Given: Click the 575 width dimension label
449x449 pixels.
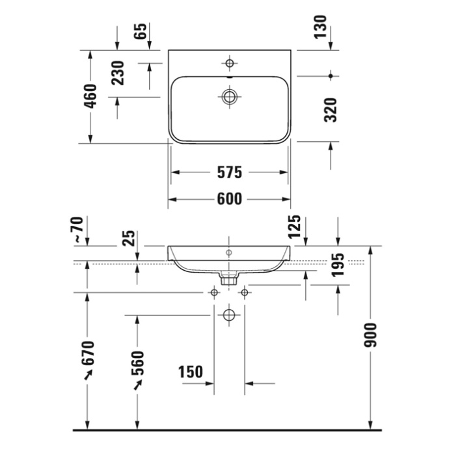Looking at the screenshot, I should [x=230, y=172].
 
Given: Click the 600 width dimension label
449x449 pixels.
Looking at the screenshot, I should [x=230, y=200].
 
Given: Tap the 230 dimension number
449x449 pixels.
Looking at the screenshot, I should [x=118, y=73].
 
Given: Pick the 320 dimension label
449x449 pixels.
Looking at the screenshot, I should [x=331, y=111].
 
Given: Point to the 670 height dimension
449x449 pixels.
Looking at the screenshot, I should [x=88, y=353].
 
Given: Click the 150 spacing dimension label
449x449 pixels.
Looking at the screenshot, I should [x=190, y=372].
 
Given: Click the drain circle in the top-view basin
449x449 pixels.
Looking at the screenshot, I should [x=229, y=96].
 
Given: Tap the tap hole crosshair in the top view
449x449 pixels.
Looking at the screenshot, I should [x=229, y=63].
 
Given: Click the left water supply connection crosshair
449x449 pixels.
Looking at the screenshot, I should [x=213, y=293].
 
